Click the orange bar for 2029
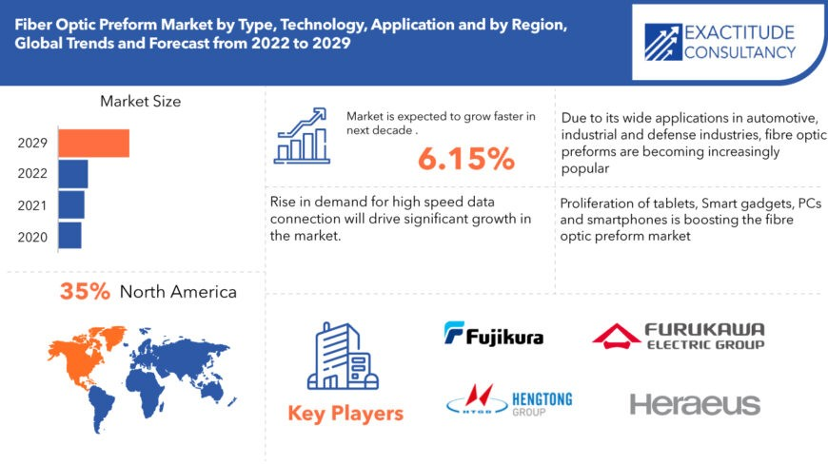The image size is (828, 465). point(93,144)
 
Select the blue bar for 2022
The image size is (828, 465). point(73,174)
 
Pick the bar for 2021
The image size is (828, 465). point(71,204)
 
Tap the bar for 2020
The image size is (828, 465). point(69,235)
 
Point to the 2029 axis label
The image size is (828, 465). point(33,144)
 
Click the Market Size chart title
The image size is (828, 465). point(140,101)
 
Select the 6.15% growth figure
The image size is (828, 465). point(465,159)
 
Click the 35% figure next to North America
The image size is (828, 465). point(86,291)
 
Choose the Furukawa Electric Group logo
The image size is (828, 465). point(679,336)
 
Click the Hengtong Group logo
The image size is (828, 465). point(509,403)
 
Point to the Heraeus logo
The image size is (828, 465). point(695,404)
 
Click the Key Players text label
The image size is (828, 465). point(345,414)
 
